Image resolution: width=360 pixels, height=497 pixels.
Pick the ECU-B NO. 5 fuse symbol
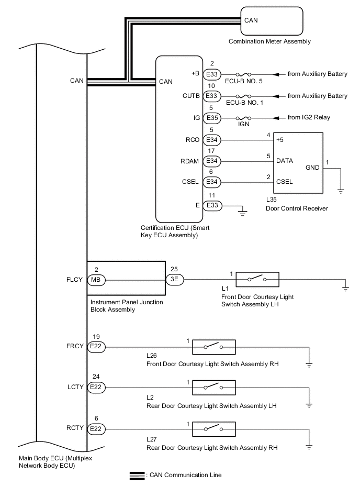(244, 74)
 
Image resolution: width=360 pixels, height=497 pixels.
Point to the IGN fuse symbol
(244, 118)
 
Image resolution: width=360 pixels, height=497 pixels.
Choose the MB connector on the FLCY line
(96, 280)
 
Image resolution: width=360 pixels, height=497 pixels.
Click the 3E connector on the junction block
(175, 280)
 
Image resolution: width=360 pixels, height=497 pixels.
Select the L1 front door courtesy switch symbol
(257, 280)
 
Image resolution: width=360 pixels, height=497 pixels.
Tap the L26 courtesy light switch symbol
(213, 347)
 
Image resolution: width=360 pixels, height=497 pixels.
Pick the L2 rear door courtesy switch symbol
(213, 388)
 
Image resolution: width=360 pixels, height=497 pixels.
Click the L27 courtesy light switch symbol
(213, 429)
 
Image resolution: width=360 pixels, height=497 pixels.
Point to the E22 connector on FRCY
(96, 347)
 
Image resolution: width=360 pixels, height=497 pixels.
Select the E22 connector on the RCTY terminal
(96, 429)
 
